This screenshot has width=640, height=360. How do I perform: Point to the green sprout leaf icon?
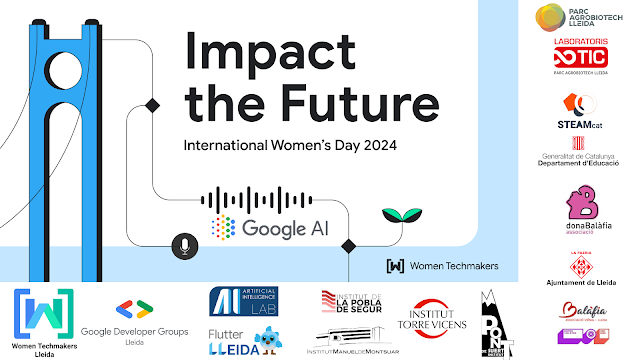coord(393,215)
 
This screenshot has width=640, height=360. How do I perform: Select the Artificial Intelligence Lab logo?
coord(243,301)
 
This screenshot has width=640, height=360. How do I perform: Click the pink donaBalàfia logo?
coord(578,210)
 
